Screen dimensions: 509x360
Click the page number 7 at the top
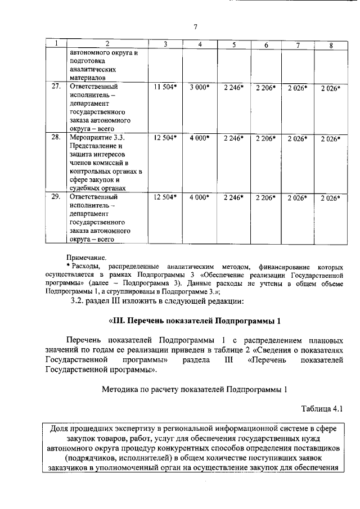click(x=195, y=26)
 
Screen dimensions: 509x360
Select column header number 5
click(x=233, y=44)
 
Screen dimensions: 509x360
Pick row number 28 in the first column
click(x=56, y=137)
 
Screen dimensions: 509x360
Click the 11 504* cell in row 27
click(x=165, y=88)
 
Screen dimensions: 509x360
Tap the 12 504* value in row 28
click(x=165, y=138)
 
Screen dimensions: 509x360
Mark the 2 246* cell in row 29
click(x=233, y=197)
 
